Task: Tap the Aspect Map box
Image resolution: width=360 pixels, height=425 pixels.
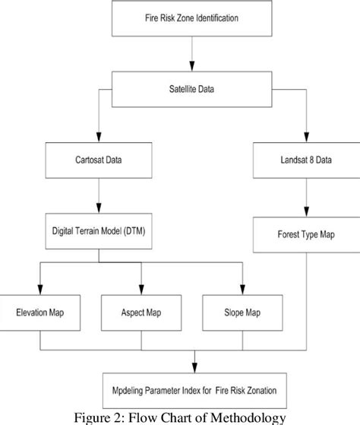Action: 142,313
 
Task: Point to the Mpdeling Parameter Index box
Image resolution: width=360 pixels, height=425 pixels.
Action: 195,392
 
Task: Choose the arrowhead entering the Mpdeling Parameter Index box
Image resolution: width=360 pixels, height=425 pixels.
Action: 195,368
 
